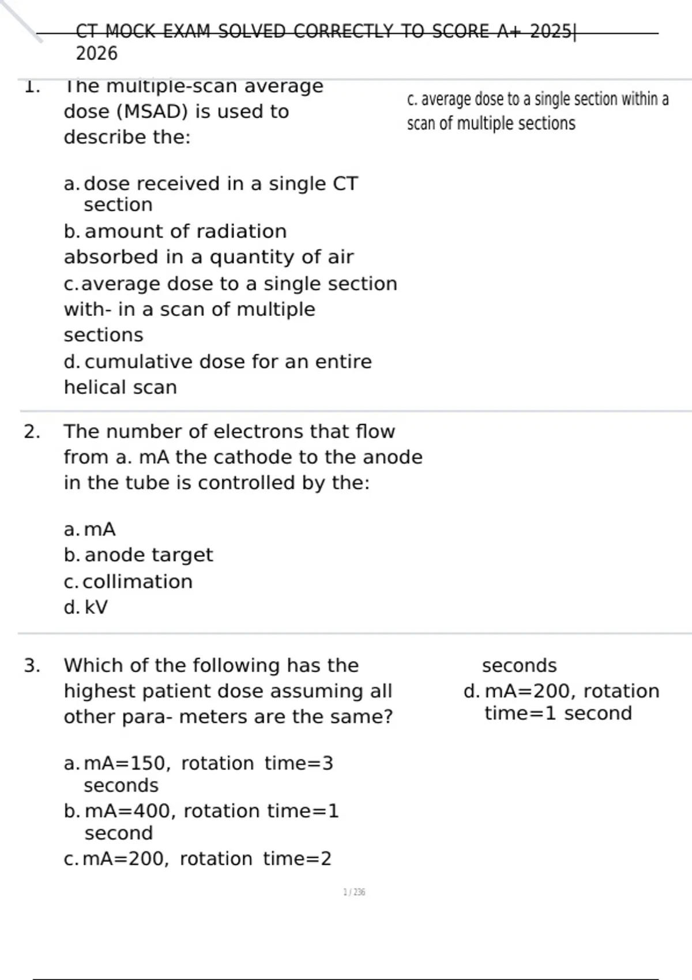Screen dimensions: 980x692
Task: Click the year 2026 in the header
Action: pos(96,54)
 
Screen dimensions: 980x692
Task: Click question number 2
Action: pos(32,432)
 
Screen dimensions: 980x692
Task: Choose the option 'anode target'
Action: pos(148,555)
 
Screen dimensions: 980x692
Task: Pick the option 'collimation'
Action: pos(137,582)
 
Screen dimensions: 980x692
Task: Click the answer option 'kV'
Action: pos(96,608)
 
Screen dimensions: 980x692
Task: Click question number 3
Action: pos(32,666)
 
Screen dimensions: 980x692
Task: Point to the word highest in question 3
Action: pos(99,691)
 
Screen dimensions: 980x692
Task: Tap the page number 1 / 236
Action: pos(354,892)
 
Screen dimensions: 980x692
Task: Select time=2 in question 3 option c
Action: pos(297,859)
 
